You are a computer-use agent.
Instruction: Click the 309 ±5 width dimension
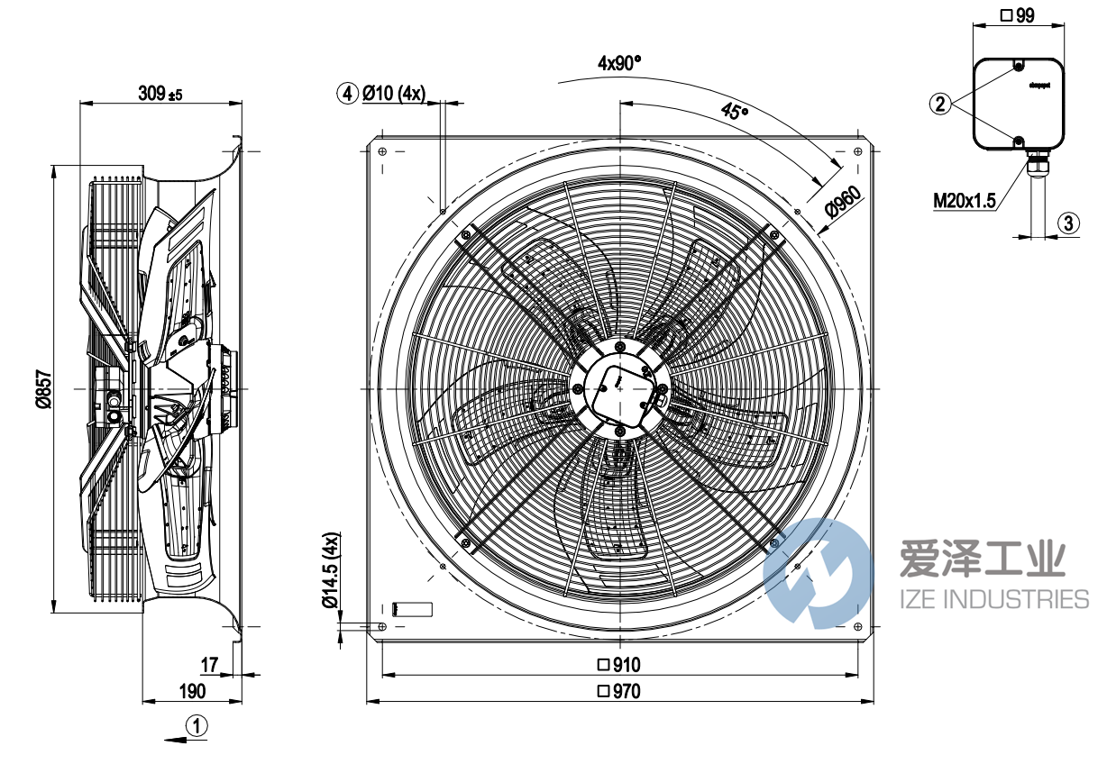160,94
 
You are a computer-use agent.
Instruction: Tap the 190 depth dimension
191,691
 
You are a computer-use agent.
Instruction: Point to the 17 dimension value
209,666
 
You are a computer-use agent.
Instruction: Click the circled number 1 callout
197,723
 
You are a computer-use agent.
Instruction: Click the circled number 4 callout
347,93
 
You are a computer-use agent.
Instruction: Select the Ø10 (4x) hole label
393,93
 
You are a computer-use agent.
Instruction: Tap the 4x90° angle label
619,63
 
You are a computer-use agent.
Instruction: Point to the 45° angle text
735,112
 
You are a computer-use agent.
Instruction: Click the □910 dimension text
618,666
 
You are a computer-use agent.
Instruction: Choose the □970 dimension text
618,692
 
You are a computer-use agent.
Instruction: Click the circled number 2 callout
940,105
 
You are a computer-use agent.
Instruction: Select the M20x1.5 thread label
964,200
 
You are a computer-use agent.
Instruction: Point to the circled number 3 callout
1066,223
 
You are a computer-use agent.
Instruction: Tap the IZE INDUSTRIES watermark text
994,599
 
